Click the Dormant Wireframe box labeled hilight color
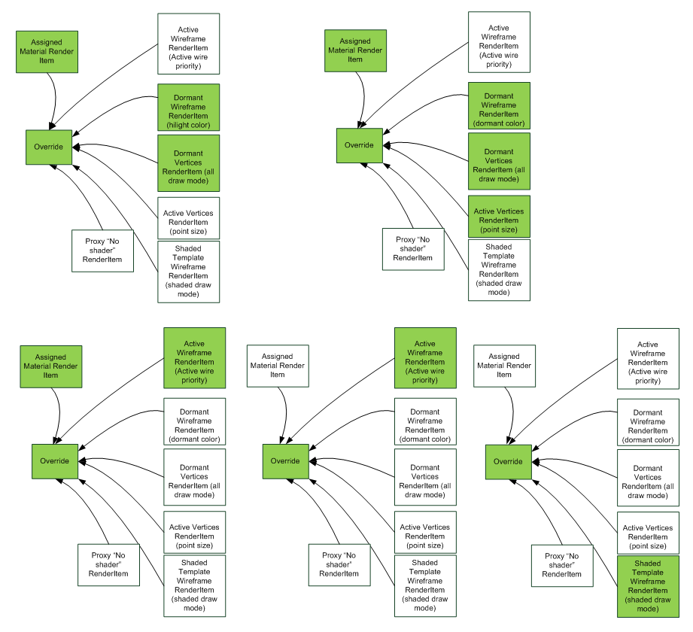click(x=188, y=107)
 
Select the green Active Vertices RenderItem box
click(x=499, y=216)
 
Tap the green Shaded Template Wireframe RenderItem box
click(x=648, y=586)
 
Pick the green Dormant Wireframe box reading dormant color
click(x=499, y=105)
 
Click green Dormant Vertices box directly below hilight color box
click(x=188, y=163)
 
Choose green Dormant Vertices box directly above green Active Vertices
click(x=499, y=161)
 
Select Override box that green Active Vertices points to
click(x=359, y=145)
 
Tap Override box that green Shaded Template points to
click(x=508, y=461)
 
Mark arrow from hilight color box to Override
click(x=113, y=105)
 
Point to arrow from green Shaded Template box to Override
click(x=587, y=519)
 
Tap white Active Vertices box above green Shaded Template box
click(x=648, y=532)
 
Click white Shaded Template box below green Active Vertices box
click(x=499, y=269)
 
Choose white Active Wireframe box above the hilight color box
click(x=188, y=44)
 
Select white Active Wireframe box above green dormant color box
click(x=499, y=42)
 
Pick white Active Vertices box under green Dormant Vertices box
click(x=188, y=217)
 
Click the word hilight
click(x=179, y=125)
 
